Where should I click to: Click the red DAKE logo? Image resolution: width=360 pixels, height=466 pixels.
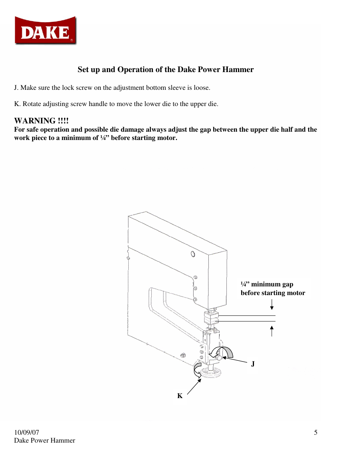(45, 31)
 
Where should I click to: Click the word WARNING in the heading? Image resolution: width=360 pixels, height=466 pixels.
(35, 121)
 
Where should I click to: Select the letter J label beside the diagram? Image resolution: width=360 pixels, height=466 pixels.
(253, 364)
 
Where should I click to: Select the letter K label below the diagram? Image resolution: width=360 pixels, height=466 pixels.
(180, 396)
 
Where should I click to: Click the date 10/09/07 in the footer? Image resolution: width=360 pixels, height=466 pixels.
(26, 432)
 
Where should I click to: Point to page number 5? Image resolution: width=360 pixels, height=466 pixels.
(315, 432)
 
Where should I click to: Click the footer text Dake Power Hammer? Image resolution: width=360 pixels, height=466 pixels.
(45, 440)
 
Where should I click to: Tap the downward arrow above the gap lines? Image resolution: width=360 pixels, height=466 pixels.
(272, 305)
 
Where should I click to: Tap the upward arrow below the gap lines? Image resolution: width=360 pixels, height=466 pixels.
(272, 331)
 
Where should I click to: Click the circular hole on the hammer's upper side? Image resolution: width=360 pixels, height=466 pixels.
(193, 254)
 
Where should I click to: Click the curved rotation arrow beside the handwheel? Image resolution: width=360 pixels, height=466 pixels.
(197, 370)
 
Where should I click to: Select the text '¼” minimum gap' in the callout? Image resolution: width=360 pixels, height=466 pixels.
(267, 284)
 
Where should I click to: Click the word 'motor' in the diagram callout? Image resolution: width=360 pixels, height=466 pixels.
(296, 293)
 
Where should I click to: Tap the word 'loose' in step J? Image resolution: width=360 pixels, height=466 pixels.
(201, 88)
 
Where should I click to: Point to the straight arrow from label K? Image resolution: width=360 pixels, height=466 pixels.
(194, 387)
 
